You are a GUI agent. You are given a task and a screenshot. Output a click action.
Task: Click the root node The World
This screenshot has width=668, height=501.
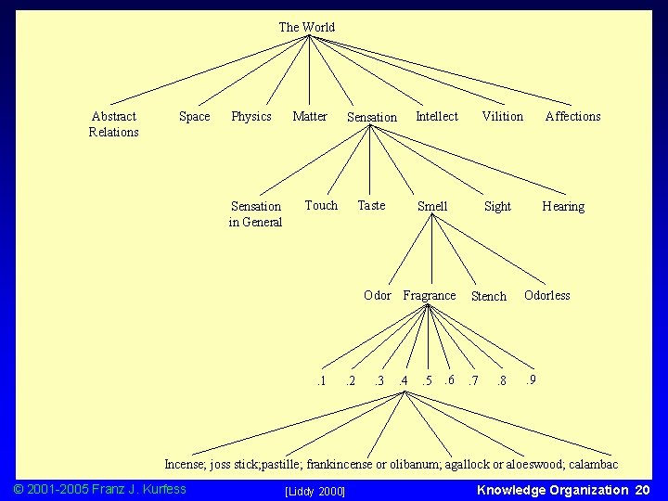307,27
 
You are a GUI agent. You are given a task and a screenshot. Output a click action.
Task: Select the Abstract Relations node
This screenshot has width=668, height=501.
113,124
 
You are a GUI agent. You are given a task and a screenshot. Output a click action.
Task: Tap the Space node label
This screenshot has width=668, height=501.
194,116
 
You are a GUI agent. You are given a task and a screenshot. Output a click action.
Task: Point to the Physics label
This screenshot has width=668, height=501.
250,116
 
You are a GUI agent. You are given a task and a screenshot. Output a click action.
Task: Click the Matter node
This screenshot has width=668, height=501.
310,116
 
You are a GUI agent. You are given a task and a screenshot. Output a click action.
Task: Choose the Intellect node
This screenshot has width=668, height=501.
436,116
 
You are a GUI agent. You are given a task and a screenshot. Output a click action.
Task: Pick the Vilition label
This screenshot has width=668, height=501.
502,116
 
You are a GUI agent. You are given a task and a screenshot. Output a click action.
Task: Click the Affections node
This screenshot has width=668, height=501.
572,116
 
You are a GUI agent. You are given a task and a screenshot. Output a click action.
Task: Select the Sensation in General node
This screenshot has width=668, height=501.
255,214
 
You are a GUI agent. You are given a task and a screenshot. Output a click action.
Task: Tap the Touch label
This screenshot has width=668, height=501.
321,205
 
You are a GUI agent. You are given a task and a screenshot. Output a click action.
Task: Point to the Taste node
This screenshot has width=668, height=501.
371,205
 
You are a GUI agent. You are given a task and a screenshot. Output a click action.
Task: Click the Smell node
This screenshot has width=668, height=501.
432,206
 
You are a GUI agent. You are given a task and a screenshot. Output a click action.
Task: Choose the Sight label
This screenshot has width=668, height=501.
497,206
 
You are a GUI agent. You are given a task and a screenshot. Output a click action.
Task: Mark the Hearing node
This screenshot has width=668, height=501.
563,206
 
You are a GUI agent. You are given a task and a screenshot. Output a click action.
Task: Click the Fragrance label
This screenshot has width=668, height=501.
430,295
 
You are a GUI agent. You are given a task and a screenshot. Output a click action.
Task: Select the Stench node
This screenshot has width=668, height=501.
489,296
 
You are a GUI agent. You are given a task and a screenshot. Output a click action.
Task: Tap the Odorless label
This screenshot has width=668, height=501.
546,295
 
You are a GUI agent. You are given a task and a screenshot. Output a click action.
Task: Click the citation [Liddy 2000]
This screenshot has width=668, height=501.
315,490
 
